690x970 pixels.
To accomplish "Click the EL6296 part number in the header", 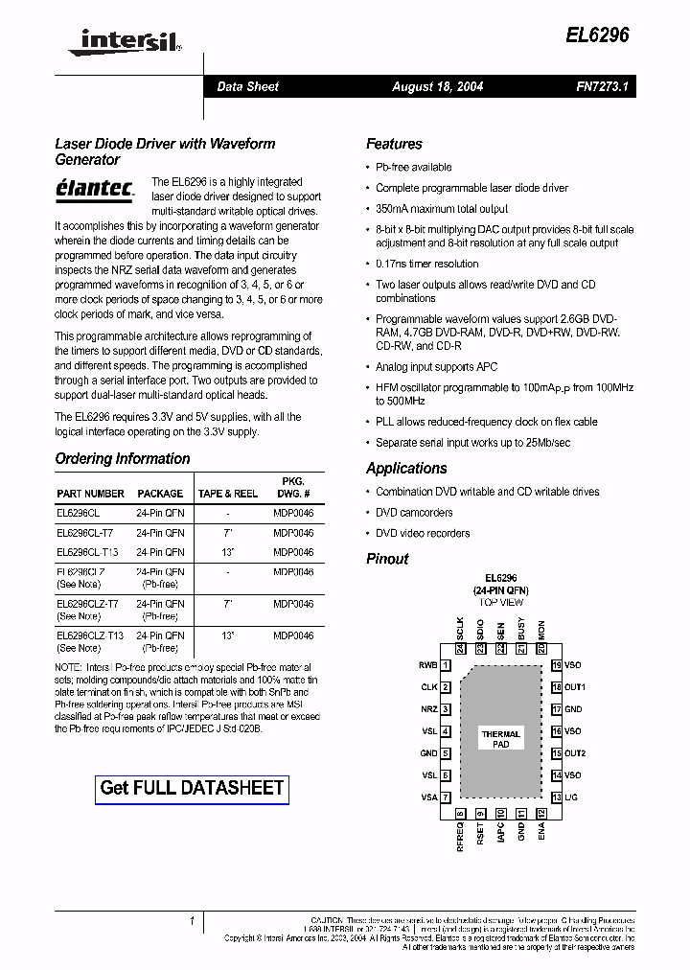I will pos(599,35).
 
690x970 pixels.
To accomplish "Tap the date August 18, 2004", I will pos(437,86).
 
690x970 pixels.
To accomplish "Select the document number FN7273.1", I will pos(601,86).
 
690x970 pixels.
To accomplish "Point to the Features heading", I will pos(394,144).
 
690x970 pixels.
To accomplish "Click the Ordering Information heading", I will pos(123,458).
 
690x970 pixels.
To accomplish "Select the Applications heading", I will pos(406,468).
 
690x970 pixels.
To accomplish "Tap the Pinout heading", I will pos(387,559).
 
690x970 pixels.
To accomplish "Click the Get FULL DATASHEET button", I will pos(193,788).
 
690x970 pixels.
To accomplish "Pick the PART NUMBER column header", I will pos(90,494).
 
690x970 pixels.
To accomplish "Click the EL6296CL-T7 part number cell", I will pos(84,532).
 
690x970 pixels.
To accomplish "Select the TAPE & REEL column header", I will pos(227,494).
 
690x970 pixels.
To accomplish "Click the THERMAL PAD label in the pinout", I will pos(500,739).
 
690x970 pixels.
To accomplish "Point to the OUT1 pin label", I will pos(575,687).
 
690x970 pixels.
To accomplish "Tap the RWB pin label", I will pos(427,665).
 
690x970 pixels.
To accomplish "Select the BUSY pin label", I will pos(521,629).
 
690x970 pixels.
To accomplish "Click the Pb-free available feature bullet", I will pos(413,167).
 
